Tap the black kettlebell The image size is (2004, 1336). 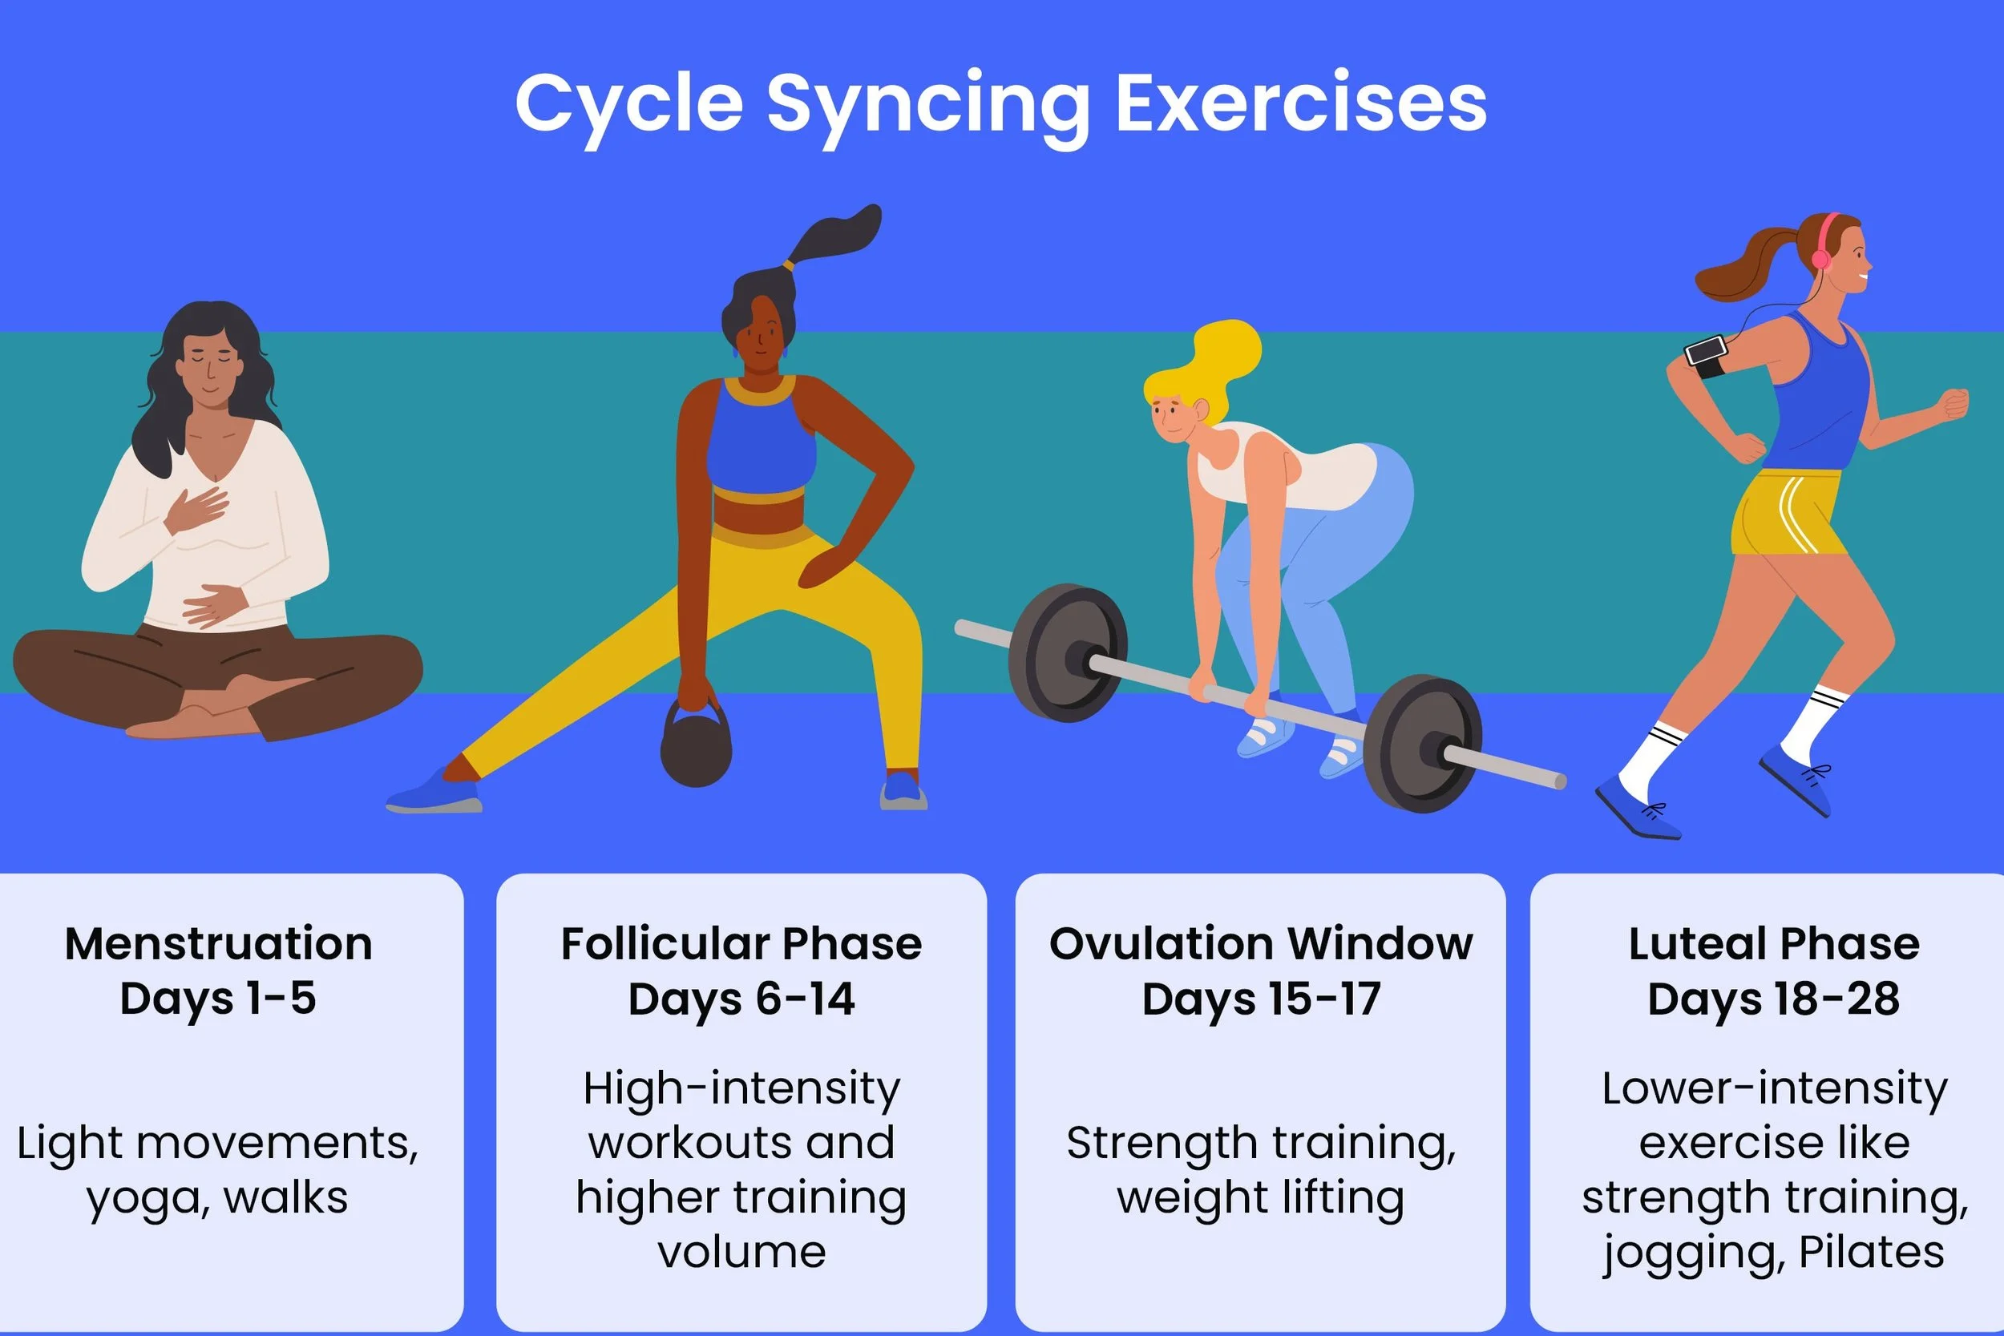(x=696, y=750)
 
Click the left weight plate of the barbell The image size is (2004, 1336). (x=1067, y=652)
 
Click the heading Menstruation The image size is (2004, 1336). (x=219, y=944)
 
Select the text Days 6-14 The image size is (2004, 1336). (x=741, y=999)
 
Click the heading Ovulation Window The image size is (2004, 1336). (x=1261, y=944)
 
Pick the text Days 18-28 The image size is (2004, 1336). (x=1774, y=999)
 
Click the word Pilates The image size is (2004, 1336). (x=1871, y=1252)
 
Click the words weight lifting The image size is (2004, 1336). (x=1261, y=1198)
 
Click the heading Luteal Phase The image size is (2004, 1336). (x=1774, y=944)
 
